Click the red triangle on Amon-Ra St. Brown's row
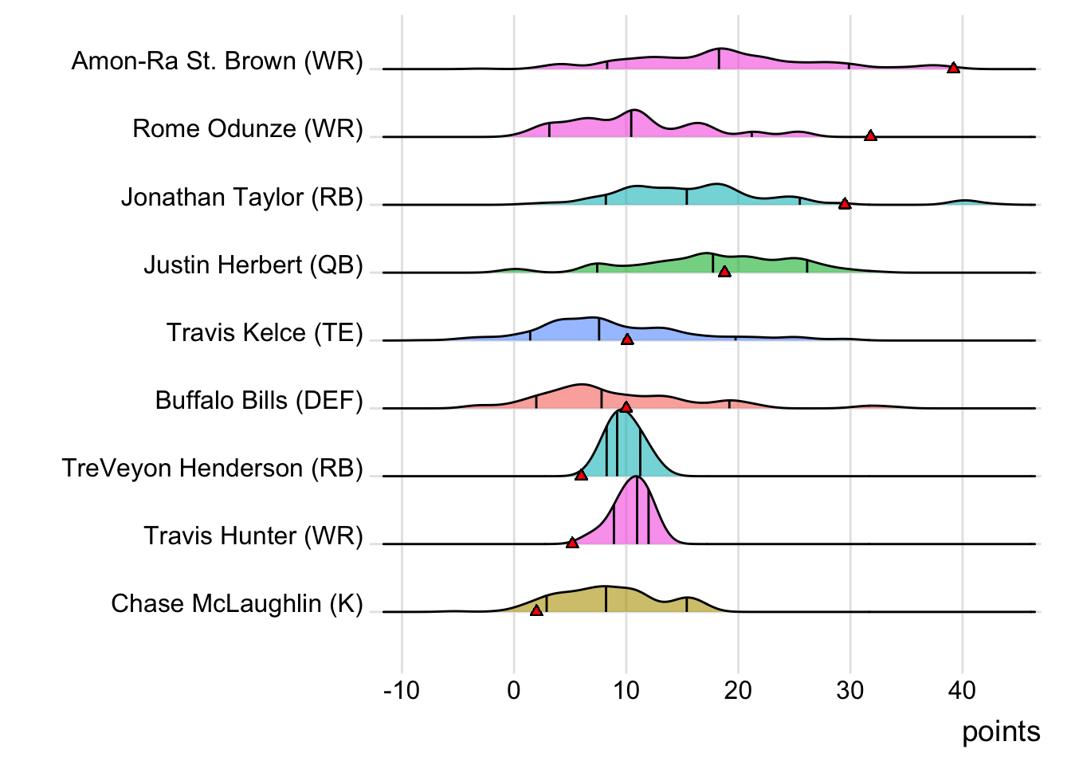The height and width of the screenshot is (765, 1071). pyautogui.click(x=953, y=68)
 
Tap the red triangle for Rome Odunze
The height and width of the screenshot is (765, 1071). pyautogui.click(x=870, y=136)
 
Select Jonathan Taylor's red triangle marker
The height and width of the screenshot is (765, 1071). pyautogui.click(x=845, y=204)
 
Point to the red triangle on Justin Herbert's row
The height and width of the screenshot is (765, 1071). pyautogui.click(x=724, y=272)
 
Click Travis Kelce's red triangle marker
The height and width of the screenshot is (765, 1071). pyautogui.click(x=627, y=339)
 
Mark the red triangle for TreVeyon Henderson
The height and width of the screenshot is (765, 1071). pyautogui.click(x=581, y=475)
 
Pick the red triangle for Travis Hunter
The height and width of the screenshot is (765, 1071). pyautogui.click(x=572, y=543)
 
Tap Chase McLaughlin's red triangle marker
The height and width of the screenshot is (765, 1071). pyautogui.click(x=536, y=610)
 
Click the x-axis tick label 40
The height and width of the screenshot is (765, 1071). pyautogui.click(x=962, y=690)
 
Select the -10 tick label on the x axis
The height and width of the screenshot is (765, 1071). pyautogui.click(x=401, y=690)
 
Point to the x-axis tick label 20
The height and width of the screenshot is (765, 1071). pyautogui.click(x=738, y=690)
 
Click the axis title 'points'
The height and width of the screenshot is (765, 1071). pyautogui.click(x=1000, y=732)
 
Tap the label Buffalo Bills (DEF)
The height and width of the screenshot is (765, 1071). pyautogui.click(x=259, y=400)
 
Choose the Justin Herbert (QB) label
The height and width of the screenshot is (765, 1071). pyautogui.click(x=253, y=265)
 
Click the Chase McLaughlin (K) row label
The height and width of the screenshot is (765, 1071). pyautogui.click(x=237, y=603)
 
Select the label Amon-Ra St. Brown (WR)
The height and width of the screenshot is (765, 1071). pyautogui.click(x=217, y=61)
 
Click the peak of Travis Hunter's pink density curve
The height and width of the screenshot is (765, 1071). pyautogui.click(x=637, y=477)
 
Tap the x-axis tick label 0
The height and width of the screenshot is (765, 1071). pyautogui.click(x=514, y=690)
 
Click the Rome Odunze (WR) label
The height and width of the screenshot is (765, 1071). pyautogui.click(x=247, y=129)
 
